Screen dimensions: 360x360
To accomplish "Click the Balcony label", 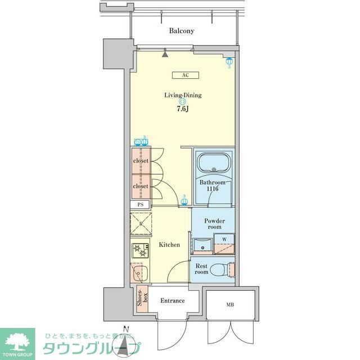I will click(x=182, y=31).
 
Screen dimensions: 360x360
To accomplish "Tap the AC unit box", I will click(x=184, y=75).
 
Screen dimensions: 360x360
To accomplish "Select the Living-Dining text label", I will click(x=183, y=95).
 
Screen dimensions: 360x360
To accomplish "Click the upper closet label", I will click(x=141, y=161).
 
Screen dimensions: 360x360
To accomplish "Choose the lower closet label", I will click(x=141, y=186).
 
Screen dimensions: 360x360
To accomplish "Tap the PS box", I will click(x=140, y=205).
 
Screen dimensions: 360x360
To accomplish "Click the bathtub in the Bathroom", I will click(x=214, y=164).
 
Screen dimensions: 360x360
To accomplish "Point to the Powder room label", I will click(x=214, y=224).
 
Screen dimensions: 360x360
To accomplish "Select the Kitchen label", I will click(x=169, y=245).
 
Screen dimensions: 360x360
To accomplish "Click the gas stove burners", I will click(x=139, y=250).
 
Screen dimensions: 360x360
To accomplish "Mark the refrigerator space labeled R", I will click(x=141, y=224).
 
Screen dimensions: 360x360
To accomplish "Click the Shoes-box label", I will click(x=142, y=299).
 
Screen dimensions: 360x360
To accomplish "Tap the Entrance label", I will click(x=173, y=300).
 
